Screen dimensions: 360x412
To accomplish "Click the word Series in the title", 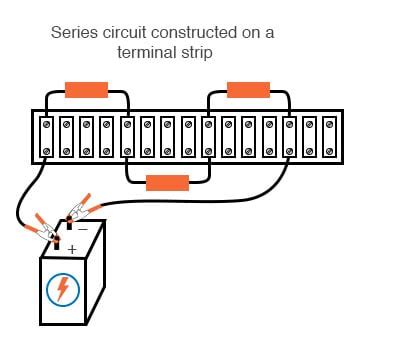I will (75, 33).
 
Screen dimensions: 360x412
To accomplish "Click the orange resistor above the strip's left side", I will (86, 90).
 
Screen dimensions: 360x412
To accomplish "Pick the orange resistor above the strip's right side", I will (248, 90).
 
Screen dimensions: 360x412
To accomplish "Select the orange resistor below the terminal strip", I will (167, 183).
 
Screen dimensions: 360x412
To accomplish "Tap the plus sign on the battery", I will (72, 248).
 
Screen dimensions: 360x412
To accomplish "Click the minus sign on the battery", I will (83, 229).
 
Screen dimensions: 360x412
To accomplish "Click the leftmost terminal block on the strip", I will (46, 137).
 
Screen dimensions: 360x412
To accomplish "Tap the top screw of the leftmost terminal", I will (46, 124).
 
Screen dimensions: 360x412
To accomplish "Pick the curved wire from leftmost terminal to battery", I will (22, 190).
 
